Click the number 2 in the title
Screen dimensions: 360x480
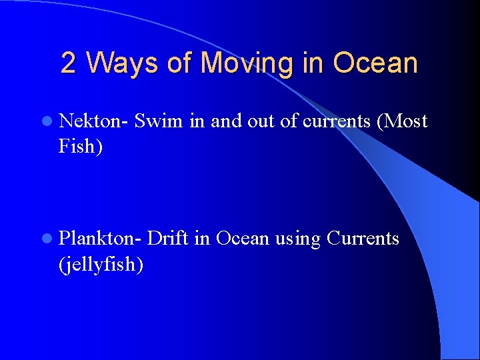[x=68, y=63]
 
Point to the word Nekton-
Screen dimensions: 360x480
[x=94, y=121]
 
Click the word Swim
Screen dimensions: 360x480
[x=159, y=121]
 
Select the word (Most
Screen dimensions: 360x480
[x=403, y=121]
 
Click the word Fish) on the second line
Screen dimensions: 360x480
[x=81, y=146]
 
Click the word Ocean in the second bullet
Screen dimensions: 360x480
[x=243, y=238]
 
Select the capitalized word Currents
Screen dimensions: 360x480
[x=363, y=238]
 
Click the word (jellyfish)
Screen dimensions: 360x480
[x=101, y=264]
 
